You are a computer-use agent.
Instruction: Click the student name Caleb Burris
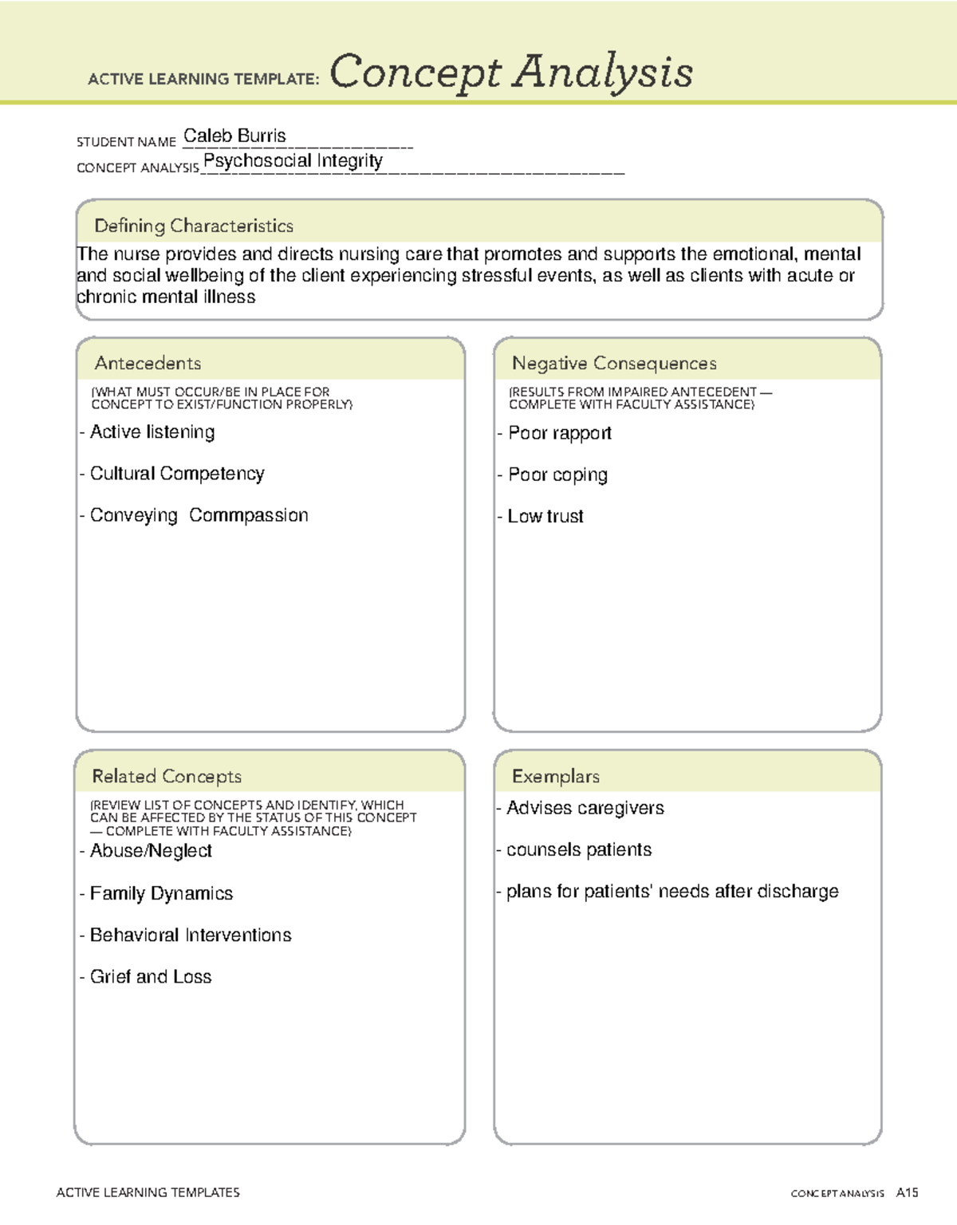pos(234,136)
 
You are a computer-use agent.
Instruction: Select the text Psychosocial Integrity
pos(293,161)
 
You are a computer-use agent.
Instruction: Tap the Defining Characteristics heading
pos(194,226)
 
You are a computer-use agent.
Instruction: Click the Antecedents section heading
pos(148,364)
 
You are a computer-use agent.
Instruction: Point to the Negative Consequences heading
pos(614,364)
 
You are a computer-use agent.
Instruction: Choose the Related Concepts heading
pos(167,776)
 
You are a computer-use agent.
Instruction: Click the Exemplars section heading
pos(556,776)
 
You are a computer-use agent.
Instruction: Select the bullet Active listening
pos(152,432)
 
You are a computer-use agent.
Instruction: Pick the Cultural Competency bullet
pos(176,474)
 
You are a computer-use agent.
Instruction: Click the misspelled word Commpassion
pos(249,515)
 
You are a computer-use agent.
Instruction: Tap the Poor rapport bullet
pos(559,433)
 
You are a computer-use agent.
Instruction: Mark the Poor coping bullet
pos(557,475)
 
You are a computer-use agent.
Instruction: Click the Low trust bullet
pos(545,517)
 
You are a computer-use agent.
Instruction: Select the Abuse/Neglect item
pos(151,851)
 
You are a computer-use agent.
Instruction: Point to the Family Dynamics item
pos(161,893)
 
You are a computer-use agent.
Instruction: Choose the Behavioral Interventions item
pos(191,935)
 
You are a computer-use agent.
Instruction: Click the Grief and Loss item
pos(151,977)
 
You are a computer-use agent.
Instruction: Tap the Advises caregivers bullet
pos(585,808)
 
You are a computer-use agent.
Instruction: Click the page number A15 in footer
pos(907,1193)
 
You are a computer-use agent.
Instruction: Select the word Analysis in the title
pos(603,72)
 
